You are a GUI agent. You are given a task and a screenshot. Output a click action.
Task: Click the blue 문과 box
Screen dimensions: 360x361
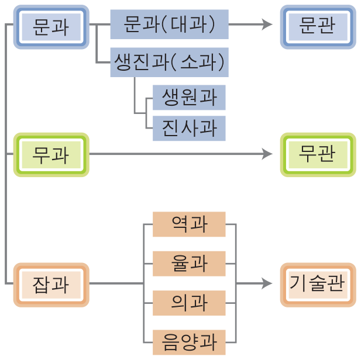coord(51,26)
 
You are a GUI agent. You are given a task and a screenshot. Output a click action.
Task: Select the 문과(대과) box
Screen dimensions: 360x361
coord(169,25)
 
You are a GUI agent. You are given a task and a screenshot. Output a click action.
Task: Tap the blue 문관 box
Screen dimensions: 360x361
coord(318,26)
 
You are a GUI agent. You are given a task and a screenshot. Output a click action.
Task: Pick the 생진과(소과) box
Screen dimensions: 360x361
coord(169,62)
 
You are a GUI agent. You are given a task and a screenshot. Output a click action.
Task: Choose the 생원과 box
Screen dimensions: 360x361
coord(188,98)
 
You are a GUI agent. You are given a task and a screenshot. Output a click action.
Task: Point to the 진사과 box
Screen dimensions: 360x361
coord(188,128)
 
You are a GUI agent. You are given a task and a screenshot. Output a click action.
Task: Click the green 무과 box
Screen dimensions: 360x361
coord(51,155)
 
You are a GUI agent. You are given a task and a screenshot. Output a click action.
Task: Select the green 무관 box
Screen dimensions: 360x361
coord(318,155)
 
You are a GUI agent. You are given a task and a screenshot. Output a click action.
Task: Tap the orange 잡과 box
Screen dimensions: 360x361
coord(51,285)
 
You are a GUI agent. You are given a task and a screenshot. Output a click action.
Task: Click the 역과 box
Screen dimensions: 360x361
coord(188,224)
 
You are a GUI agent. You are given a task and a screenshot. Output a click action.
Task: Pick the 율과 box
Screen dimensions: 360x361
coord(188,264)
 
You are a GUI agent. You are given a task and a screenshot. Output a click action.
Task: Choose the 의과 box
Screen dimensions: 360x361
coord(188,303)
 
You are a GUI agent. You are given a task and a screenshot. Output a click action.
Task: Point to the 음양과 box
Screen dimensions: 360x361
coord(188,342)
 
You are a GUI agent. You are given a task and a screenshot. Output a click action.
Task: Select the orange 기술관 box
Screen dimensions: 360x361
coord(318,285)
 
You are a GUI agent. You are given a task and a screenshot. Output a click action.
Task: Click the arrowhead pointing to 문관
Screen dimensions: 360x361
coord(267,25)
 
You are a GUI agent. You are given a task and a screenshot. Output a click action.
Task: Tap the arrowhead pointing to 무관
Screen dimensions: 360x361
coord(267,154)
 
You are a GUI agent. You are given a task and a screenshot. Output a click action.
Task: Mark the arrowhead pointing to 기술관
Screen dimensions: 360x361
coord(267,283)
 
